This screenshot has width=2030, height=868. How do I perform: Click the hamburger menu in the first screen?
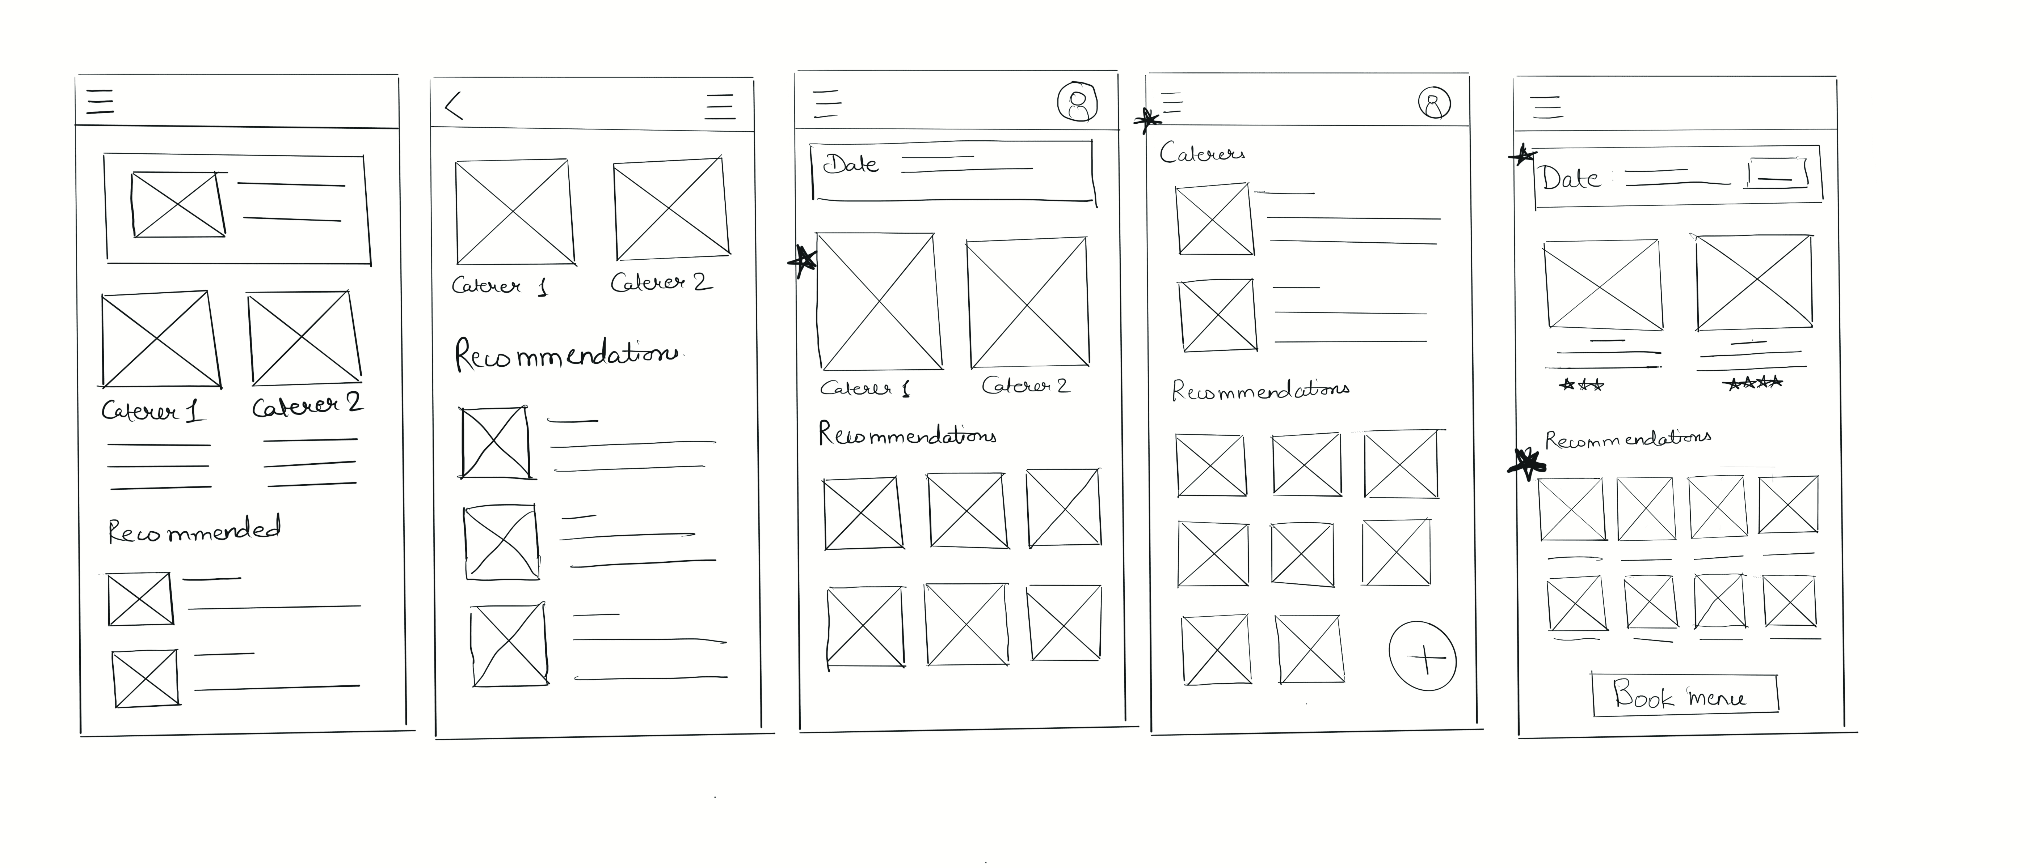[x=100, y=102]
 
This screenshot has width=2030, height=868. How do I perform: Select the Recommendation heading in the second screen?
[x=566, y=354]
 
